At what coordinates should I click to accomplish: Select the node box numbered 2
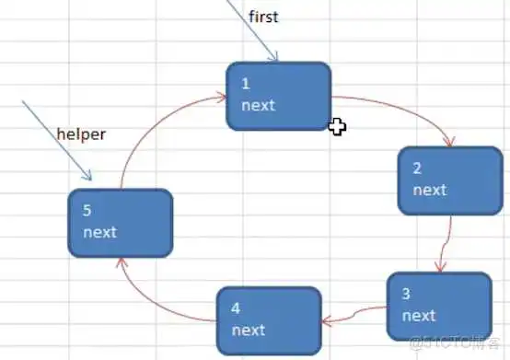(440, 180)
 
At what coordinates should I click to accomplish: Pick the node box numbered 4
(269, 319)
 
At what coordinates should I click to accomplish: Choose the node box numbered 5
(121, 222)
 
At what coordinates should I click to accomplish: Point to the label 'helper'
(81, 134)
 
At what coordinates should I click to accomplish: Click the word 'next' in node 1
(258, 105)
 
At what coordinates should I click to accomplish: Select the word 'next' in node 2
(429, 190)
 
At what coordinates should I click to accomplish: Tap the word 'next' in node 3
(419, 316)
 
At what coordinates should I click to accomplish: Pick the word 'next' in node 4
(249, 330)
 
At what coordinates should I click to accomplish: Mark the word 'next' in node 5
(99, 232)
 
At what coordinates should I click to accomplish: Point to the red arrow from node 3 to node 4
(354, 316)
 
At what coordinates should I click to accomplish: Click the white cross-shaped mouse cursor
(337, 127)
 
